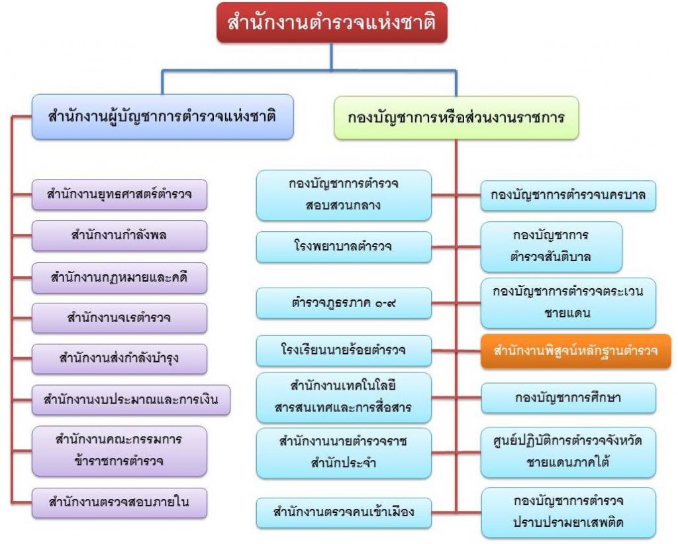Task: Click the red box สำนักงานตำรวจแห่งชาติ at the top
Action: click(x=332, y=24)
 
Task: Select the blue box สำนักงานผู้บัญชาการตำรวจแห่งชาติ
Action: click(x=162, y=117)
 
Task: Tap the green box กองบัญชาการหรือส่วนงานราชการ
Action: click(x=456, y=117)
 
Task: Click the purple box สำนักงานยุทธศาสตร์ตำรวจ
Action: click(x=120, y=195)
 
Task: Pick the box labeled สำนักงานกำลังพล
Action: click(x=120, y=236)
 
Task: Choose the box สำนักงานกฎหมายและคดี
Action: click(x=120, y=278)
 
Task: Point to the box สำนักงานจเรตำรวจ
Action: click(x=120, y=318)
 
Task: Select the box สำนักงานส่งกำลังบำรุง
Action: click(x=120, y=359)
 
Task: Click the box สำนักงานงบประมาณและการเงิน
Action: click(x=130, y=400)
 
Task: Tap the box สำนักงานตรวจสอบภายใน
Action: click(x=120, y=502)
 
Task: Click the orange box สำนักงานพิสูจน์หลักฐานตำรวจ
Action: click(x=575, y=351)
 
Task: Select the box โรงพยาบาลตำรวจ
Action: click(x=343, y=246)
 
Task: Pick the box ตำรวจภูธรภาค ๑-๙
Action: click(x=343, y=303)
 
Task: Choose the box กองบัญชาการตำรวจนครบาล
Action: click(x=568, y=195)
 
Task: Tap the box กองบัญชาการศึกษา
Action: click(x=568, y=398)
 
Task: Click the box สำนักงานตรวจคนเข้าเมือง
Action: click(x=343, y=512)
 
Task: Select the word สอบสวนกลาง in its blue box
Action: click(x=344, y=205)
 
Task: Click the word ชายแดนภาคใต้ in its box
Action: click(x=568, y=461)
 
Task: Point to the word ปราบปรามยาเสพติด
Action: click(x=568, y=523)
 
